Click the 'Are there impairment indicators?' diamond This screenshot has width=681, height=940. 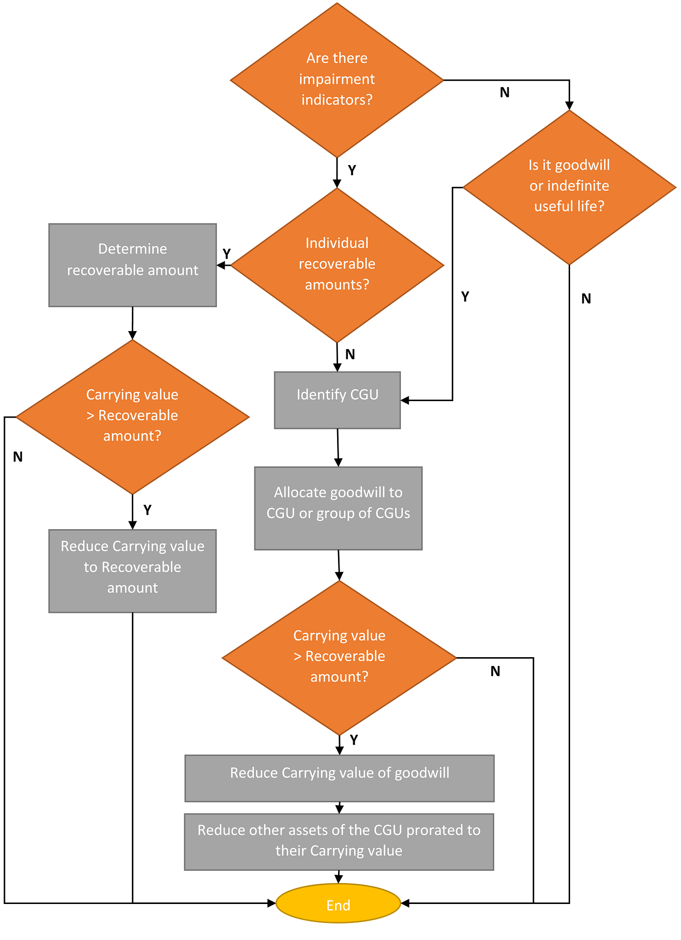(337, 79)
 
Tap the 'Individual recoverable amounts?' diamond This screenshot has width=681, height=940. (337, 264)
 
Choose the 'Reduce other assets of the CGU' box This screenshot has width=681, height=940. (339, 841)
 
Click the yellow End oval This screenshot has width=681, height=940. (338, 904)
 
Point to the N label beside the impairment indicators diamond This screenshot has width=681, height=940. (504, 92)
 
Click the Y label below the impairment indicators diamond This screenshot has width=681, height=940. (352, 170)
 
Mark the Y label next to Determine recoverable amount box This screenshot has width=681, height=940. (227, 253)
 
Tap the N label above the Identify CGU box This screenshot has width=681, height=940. (350, 354)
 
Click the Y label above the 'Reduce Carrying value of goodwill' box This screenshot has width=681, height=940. (354, 740)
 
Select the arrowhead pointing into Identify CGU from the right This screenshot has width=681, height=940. (405, 400)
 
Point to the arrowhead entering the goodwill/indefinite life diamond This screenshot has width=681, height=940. (569, 106)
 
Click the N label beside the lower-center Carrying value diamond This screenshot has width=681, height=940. (495, 671)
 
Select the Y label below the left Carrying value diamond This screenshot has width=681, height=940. (147, 510)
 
